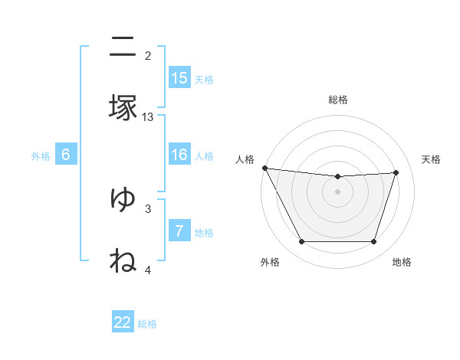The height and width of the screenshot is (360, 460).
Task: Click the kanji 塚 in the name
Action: point(123,108)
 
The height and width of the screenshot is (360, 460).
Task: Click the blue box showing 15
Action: point(179,78)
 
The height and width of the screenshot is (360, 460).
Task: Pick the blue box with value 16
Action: point(179,155)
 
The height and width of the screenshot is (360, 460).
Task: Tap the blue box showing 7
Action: point(179,231)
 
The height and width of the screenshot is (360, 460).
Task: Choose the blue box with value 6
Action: point(66,155)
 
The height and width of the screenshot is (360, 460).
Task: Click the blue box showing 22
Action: point(123,322)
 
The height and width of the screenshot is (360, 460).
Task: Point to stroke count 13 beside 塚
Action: point(148,117)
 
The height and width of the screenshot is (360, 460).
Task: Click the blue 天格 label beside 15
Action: point(204,79)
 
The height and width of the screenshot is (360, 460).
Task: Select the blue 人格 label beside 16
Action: point(204,155)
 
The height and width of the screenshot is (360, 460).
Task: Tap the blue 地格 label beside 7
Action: point(204,232)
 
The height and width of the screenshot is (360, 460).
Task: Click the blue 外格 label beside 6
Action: point(41,155)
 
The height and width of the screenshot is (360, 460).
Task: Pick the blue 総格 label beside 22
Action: point(147,323)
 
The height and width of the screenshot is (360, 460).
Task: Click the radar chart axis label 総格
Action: point(337,100)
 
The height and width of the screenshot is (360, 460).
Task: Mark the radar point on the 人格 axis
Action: point(264,168)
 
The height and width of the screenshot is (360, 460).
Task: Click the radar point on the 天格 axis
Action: point(396,172)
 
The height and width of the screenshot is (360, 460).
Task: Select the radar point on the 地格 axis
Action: point(373,242)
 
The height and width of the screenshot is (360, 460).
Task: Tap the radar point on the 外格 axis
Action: point(301,242)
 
